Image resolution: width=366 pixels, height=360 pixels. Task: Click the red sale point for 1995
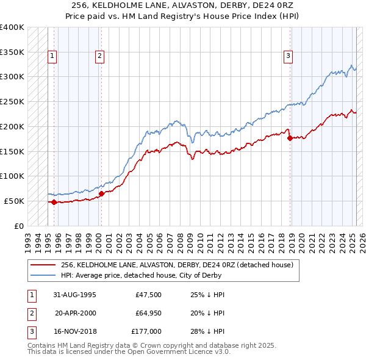54,202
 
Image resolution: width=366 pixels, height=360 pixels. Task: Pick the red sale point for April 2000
101,193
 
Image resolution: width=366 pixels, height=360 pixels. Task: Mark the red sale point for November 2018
290,137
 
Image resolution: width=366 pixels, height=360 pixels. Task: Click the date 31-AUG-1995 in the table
74,295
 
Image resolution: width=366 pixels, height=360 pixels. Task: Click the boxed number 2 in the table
30,313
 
